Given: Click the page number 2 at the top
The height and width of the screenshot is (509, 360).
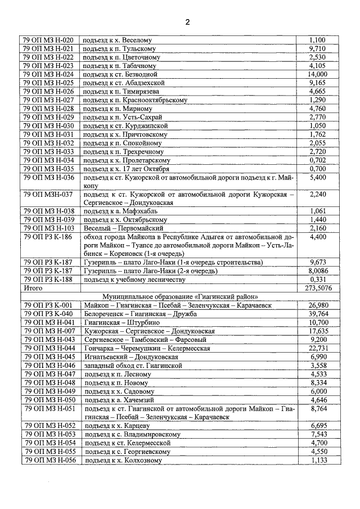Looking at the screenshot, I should coord(187,22).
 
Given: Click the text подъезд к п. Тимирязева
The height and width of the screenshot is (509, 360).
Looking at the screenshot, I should coord(121,91).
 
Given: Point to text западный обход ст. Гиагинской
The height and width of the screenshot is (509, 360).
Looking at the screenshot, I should coord(132,366).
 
